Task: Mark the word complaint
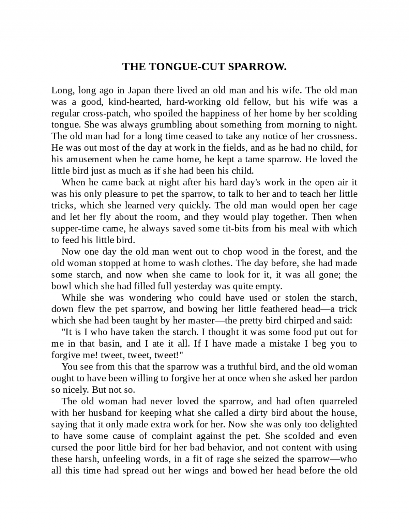point(171,436)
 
